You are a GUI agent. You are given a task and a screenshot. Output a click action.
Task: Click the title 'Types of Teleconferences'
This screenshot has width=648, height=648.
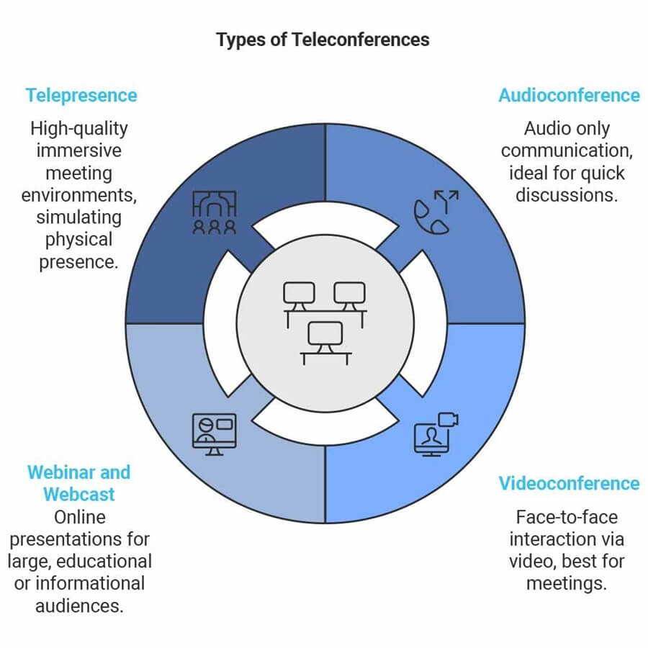click(x=323, y=40)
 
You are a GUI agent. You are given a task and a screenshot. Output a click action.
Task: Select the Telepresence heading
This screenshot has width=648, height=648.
click(x=81, y=95)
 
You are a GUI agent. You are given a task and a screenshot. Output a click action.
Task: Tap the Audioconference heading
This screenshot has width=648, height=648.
click(x=569, y=95)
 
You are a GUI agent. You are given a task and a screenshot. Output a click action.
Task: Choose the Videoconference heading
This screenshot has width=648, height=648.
click(x=569, y=482)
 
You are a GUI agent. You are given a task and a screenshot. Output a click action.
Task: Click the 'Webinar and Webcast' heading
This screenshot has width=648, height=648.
click(x=79, y=483)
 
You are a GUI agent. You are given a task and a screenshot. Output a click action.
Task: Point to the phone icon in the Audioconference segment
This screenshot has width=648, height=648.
click(x=435, y=212)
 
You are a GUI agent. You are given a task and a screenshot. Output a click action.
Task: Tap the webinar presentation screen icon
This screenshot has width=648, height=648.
click(x=214, y=434)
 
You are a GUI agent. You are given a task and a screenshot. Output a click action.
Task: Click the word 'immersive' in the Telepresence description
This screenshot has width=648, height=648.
click(x=79, y=151)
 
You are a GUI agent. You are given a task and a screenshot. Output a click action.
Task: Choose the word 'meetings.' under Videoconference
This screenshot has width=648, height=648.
click(x=567, y=582)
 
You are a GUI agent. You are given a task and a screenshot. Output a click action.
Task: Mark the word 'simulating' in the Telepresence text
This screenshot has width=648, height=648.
click(x=79, y=217)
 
